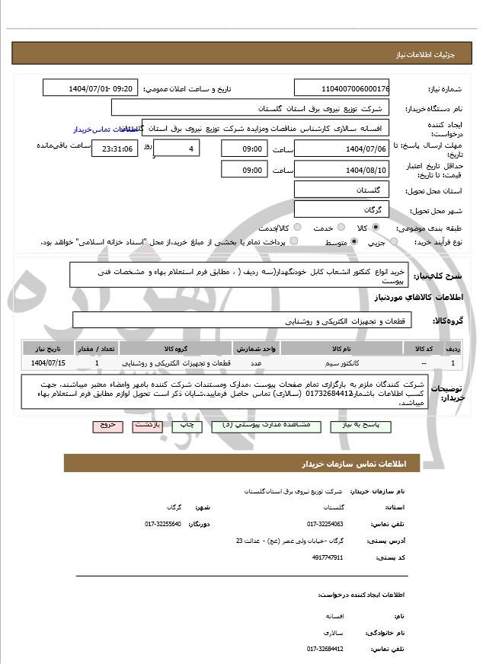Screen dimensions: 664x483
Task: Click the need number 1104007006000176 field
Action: coord(341,88)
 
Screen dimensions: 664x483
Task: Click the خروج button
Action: coord(107,426)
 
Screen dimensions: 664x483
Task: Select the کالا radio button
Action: coord(376,228)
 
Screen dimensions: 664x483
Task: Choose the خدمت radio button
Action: coord(338,228)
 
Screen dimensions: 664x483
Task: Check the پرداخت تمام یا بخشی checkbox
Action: coord(294,241)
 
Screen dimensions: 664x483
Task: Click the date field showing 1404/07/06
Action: coord(341,148)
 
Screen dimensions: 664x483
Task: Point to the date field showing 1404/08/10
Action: coord(341,169)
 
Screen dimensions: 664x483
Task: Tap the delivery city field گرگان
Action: coord(341,209)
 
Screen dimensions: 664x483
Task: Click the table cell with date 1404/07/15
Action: coord(49,363)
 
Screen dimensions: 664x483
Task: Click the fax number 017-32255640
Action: coord(162,524)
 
